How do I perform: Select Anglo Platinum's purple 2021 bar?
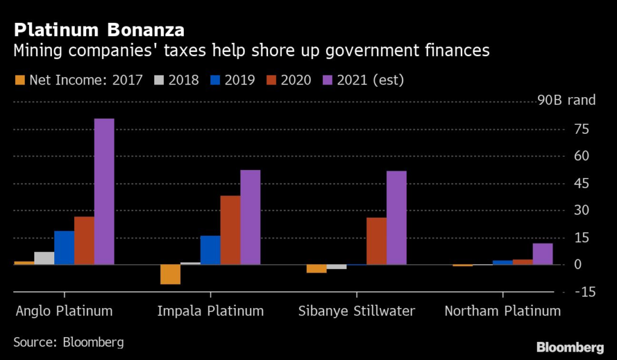point(104,191)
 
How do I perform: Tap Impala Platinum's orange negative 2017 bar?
point(171,274)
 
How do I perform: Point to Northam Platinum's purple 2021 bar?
point(543,254)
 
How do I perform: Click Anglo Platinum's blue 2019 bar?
point(64,247)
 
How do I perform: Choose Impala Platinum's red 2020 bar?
point(230,230)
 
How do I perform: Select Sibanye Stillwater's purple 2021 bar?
point(396,218)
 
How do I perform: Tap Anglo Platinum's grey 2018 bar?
point(45,258)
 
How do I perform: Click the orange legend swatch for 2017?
point(19,80)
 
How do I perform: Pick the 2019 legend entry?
point(232,80)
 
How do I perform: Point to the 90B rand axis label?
point(566,100)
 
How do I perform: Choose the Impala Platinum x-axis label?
point(210,311)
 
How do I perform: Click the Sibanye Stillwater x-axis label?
point(357,311)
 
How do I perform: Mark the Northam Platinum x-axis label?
point(503,311)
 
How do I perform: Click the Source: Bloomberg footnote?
point(69,343)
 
